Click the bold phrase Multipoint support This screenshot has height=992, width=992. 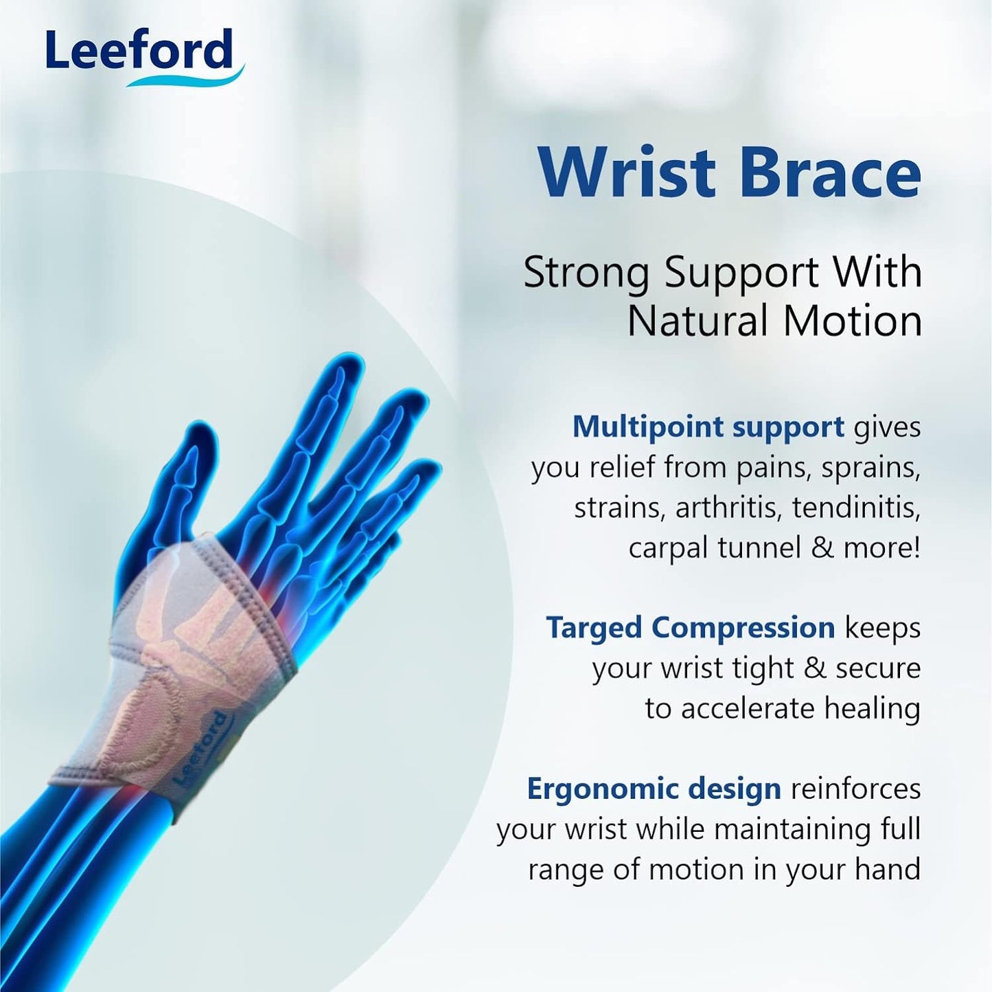click(x=708, y=427)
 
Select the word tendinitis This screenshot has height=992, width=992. click(x=856, y=508)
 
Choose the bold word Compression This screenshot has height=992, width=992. click(x=743, y=628)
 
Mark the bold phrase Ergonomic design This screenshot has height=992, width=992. click(x=654, y=789)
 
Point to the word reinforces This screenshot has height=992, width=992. click(x=855, y=789)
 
